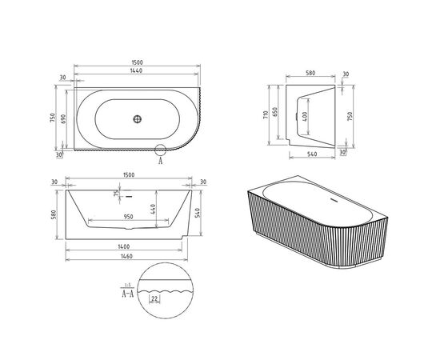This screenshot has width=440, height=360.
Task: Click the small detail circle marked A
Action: tap(161, 149)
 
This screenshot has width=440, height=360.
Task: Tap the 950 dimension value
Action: tap(133, 216)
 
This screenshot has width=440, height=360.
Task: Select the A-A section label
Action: tap(126, 294)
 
